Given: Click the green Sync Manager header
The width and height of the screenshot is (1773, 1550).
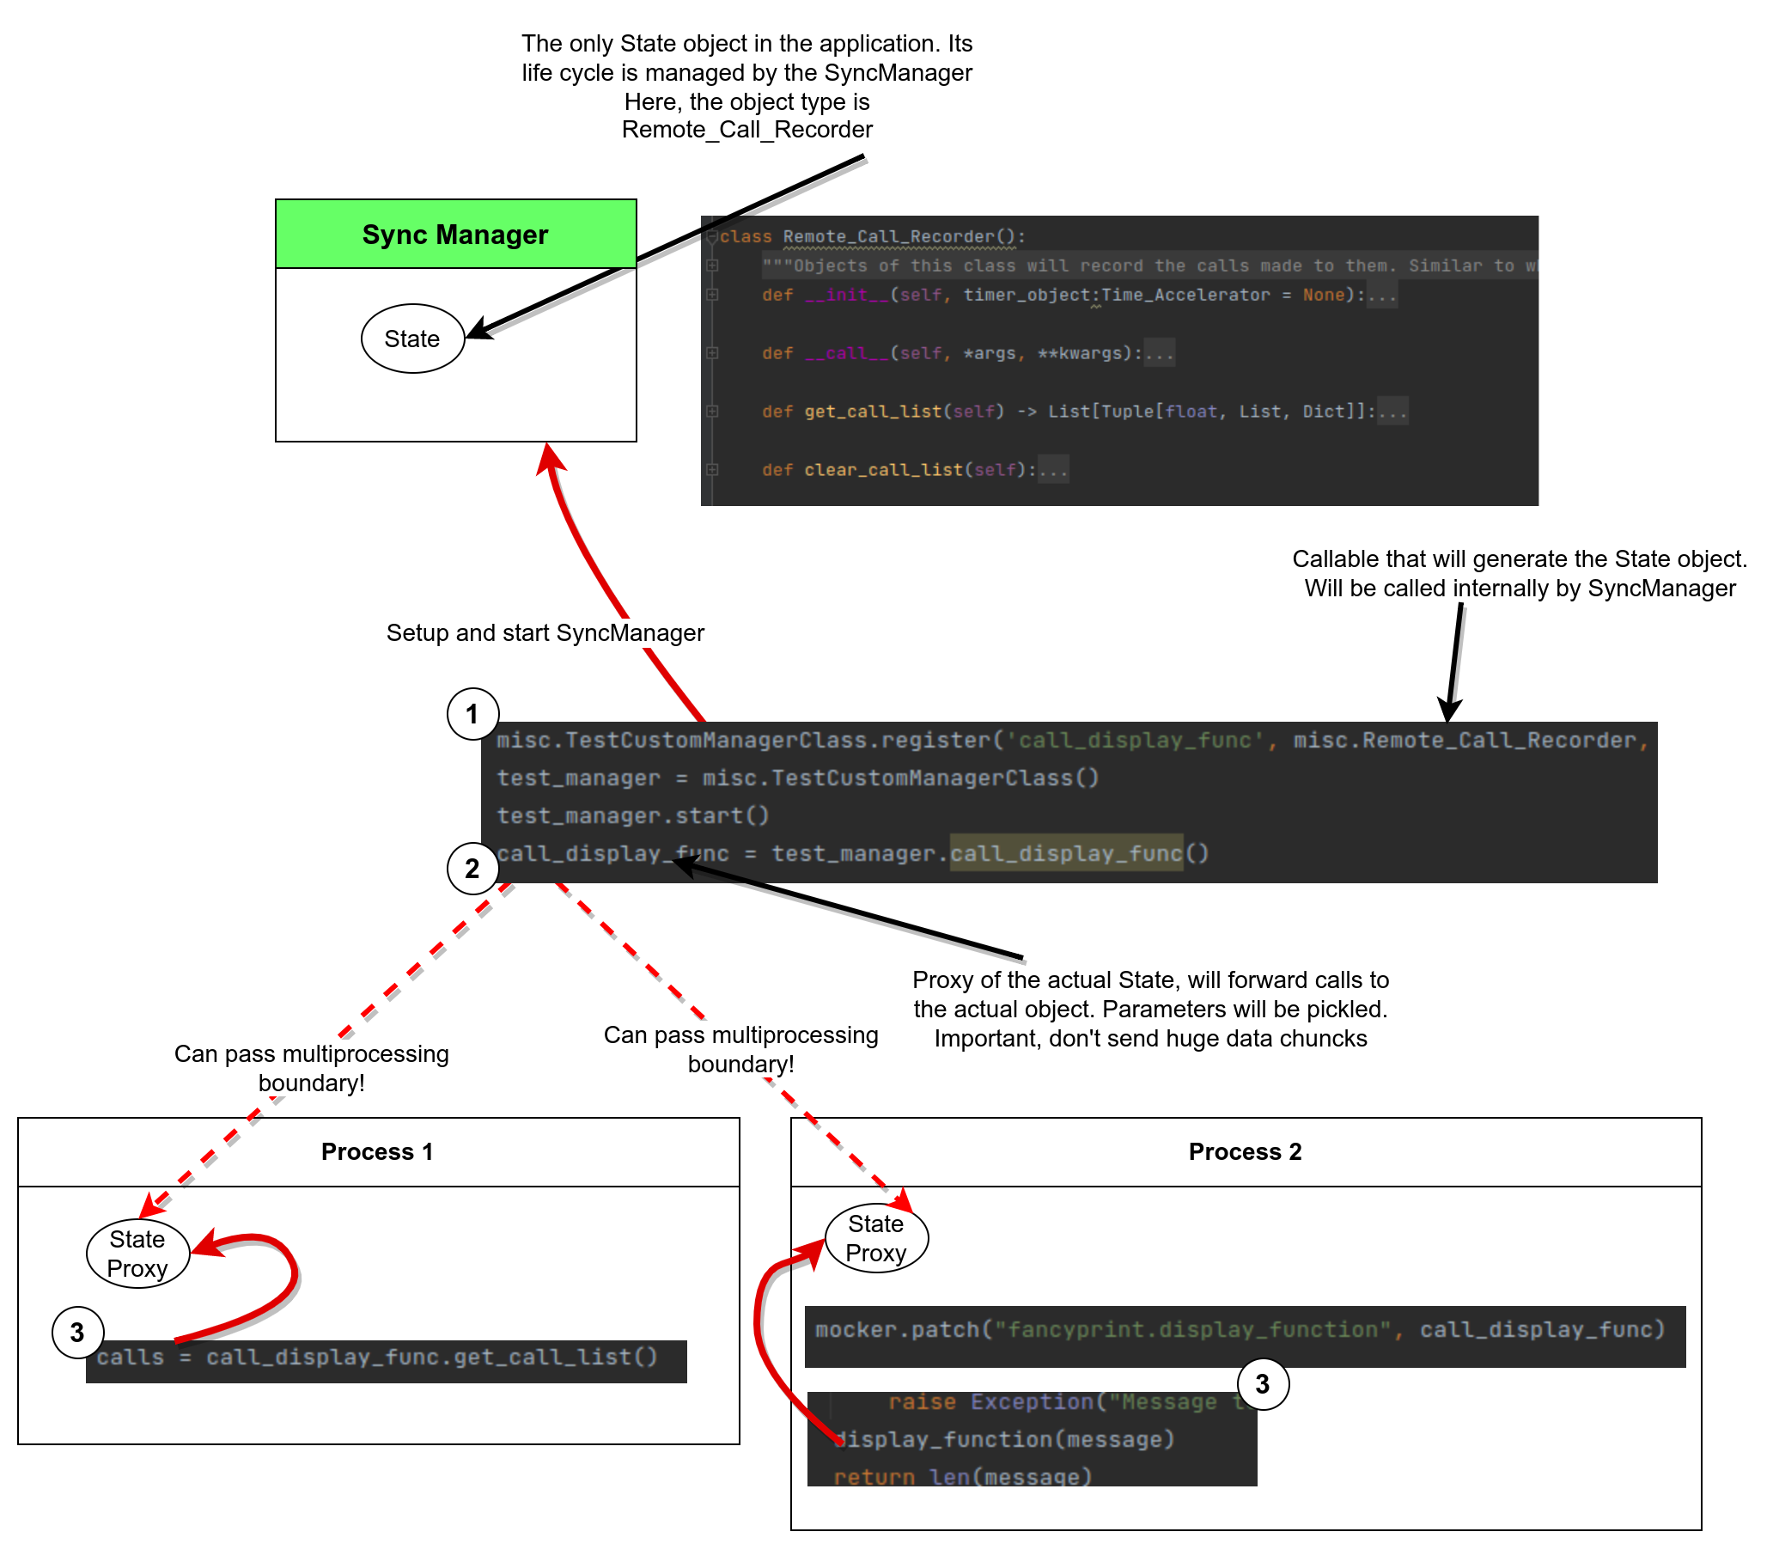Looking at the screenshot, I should coord(456,235).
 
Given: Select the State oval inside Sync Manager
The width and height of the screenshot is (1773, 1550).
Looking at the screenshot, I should coord(412,339).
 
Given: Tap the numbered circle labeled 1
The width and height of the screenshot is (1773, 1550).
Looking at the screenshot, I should coord(472,715).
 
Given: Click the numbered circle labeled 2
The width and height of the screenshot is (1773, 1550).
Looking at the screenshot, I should coord(472,869).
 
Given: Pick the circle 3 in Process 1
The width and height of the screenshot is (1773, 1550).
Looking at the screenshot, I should coord(78,1333).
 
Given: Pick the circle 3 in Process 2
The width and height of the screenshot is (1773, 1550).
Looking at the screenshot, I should coord(1263,1384).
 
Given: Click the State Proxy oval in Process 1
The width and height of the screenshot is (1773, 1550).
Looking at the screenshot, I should coord(137,1254).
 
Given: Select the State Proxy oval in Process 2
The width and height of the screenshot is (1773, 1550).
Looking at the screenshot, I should coord(876,1239).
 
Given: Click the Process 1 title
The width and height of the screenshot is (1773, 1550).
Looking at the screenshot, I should coord(377,1152).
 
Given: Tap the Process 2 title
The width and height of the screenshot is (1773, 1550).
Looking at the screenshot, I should coord(1245,1152).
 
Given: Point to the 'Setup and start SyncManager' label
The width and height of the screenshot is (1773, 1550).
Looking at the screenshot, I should coord(545,633).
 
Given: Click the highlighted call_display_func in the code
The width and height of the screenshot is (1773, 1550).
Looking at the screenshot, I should coord(1065,854).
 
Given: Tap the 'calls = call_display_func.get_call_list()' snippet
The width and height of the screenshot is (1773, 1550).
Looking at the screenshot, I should coord(377,1358).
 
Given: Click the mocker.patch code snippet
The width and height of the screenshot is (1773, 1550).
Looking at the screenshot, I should coord(1240,1329).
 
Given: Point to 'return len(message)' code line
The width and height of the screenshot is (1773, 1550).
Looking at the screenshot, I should coord(963,1476).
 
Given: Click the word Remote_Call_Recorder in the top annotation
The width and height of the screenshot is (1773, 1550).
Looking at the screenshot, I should coord(746,130).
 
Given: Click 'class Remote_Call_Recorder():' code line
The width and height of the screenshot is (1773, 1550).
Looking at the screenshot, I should coord(872,236).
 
